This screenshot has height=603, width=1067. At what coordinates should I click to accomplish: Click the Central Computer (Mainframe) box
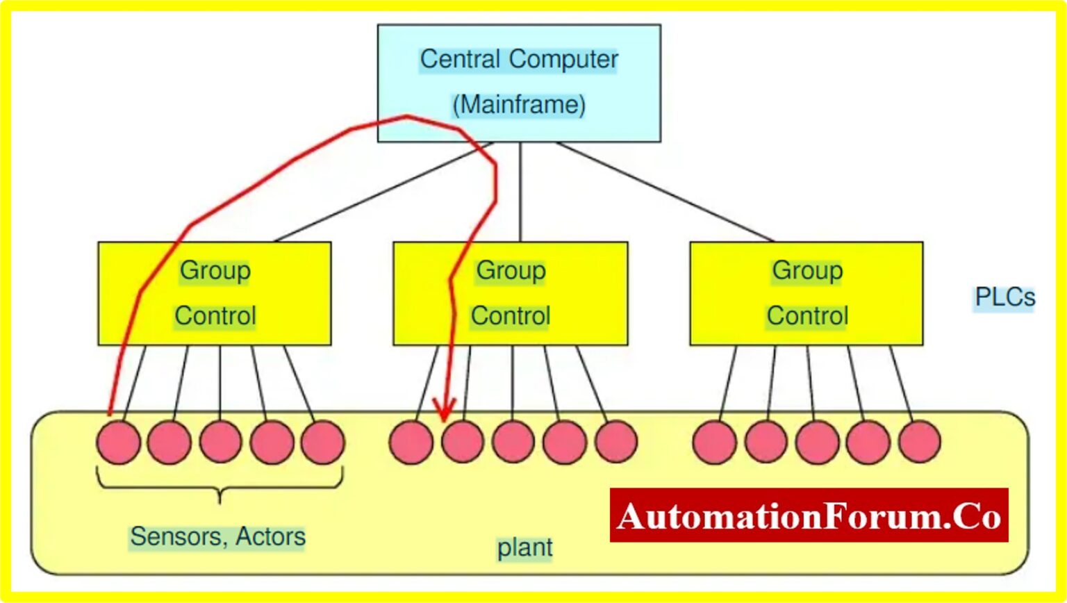(519, 83)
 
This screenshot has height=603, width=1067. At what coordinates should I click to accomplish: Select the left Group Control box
(214, 293)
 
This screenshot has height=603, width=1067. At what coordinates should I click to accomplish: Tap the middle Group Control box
(510, 293)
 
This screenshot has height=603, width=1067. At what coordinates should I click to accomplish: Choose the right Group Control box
(806, 293)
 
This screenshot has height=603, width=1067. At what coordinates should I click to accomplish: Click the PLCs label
(1004, 297)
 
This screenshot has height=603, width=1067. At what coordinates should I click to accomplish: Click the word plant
(524, 547)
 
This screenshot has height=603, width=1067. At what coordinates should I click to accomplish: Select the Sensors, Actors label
(217, 536)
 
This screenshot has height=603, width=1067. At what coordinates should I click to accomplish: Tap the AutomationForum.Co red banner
(809, 515)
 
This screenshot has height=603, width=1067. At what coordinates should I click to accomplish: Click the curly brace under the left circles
(220, 487)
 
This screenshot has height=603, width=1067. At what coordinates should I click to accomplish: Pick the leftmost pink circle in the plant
(118, 442)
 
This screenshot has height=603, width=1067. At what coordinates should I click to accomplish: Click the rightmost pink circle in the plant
(919, 442)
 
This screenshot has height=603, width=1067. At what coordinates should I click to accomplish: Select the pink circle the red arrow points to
(462, 442)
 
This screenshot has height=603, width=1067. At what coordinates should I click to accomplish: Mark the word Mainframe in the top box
(519, 105)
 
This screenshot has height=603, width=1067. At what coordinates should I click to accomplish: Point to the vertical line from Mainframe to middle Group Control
(520, 192)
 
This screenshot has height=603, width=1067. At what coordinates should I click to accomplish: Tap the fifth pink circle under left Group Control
(322, 442)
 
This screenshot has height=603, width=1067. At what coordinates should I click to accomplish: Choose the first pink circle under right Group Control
(715, 442)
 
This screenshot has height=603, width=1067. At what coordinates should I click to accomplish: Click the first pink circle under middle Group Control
(411, 442)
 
